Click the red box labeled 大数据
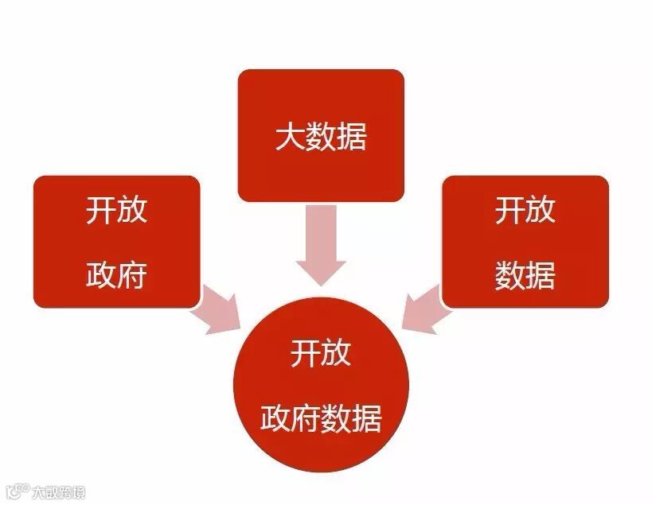click(x=321, y=134)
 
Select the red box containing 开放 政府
click(x=116, y=242)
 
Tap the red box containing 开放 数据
click(x=525, y=242)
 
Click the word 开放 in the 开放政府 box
click(x=116, y=212)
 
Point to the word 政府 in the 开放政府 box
click(x=116, y=275)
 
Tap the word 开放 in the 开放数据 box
click(x=525, y=212)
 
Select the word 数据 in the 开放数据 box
click(x=525, y=275)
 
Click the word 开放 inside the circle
click(x=320, y=352)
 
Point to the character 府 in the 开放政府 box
click(x=132, y=275)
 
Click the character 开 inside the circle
click(x=305, y=352)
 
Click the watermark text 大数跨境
click(x=58, y=491)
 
